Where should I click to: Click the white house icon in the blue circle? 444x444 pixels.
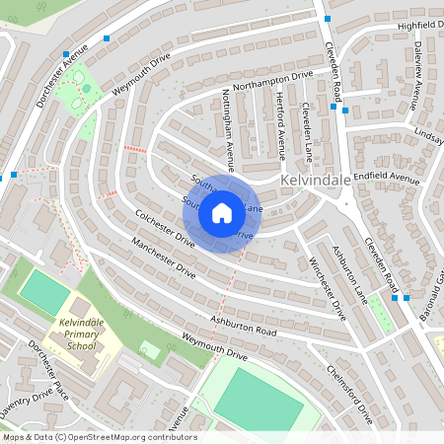click(x=222, y=212)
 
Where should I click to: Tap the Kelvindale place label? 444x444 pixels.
click(x=316, y=183)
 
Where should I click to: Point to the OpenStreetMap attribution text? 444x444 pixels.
click(x=99, y=437)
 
